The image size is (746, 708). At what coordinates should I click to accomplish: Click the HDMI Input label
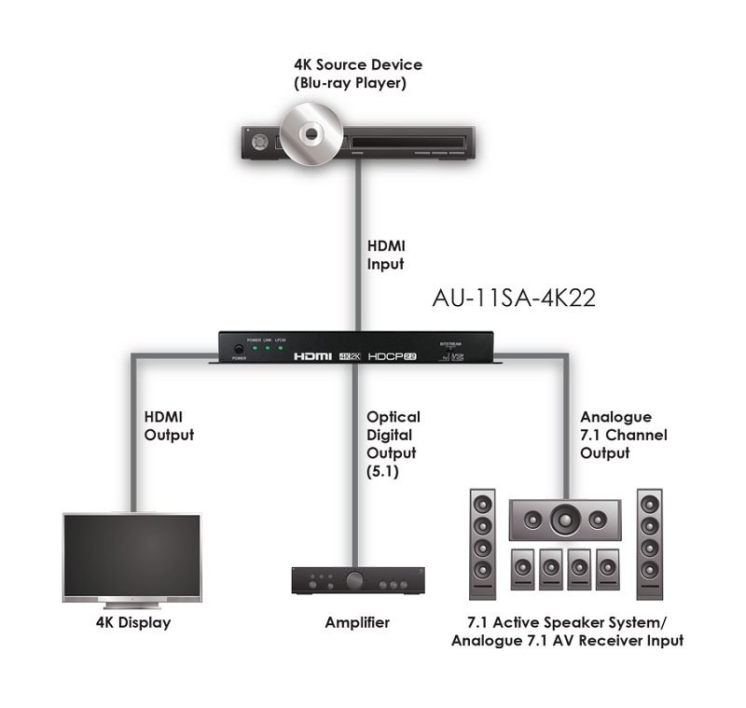[x=384, y=255]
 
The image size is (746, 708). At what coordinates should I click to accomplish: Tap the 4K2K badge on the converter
[x=351, y=356]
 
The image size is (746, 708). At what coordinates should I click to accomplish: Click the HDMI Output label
[x=169, y=425]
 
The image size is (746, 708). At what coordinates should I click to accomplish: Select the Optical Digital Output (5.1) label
[x=393, y=444]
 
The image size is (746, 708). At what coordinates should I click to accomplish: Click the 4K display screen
[x=131, y=557]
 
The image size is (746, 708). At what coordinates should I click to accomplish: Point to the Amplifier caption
[x=357, y=622]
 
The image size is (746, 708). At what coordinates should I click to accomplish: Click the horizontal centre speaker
[x=566, y=520]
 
